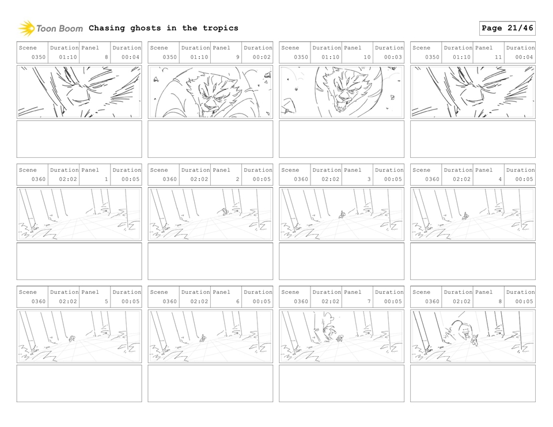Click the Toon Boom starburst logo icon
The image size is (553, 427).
26,28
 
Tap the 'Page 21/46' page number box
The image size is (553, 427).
507,28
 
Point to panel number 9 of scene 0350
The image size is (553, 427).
237,57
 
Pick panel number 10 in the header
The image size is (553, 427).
367,57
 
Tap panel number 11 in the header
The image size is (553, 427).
498,57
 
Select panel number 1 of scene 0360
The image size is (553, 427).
106,179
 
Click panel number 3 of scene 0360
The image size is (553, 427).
369,179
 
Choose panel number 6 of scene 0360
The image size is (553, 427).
237,301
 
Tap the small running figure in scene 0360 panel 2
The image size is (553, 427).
225,211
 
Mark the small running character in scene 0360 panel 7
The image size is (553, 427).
340,338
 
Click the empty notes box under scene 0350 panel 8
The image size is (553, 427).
79,139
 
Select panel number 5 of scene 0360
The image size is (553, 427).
106,301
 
